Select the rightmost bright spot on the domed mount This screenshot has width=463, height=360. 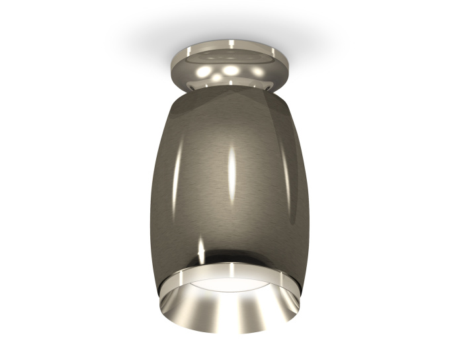255,69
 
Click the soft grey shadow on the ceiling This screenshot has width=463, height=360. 146,40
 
